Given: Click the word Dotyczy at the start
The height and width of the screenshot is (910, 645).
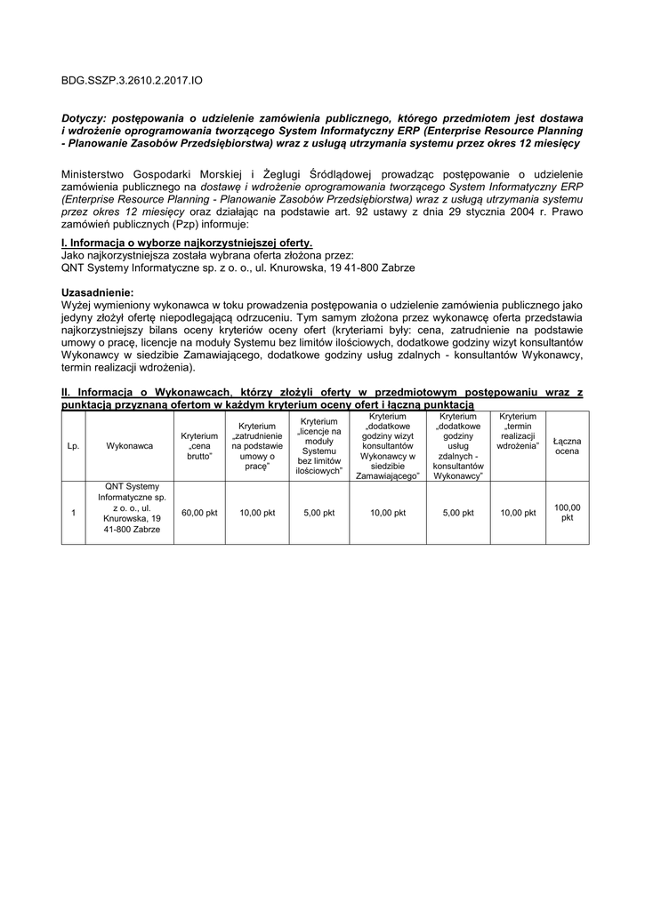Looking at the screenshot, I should click(x=88, y=117).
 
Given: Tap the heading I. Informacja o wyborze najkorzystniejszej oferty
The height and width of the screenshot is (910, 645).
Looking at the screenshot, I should click(x=187, y=243).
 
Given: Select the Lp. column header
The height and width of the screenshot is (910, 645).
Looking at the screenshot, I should click(x=73, y=446).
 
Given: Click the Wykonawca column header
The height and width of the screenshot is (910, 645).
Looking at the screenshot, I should click(x=130, y=446).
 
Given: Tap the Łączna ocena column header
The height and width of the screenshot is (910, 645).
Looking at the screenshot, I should click(x=567, y=446).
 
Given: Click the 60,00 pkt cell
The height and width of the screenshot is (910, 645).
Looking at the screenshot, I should click(x=199, y=513).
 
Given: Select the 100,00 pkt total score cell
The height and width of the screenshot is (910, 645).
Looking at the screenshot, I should click(x=567, y=513).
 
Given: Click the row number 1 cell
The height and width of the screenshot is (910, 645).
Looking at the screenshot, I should click(x=73, y=513).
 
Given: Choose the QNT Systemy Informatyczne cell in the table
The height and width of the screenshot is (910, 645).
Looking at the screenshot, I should click(x=130, y=507).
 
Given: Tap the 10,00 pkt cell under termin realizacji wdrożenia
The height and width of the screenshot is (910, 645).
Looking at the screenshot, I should click(x=518, y=513).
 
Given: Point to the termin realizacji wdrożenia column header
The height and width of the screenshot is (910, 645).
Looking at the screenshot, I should click(x=518, y=431).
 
